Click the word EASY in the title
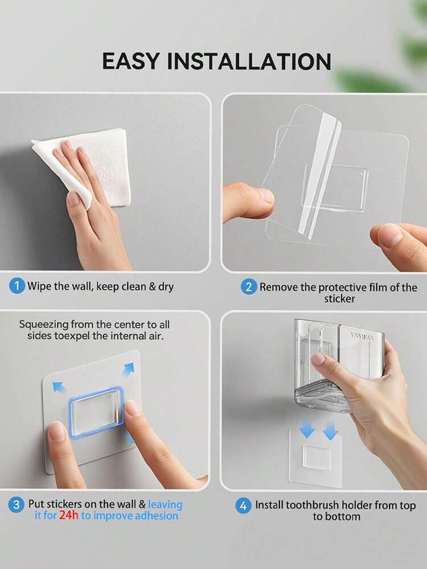[x=131, y=61]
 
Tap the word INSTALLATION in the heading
[x=249, y=61]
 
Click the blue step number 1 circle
[x=17, y=286]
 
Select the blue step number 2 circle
[x=248, y=287]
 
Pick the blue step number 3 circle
[x=17, y=505]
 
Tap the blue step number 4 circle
[x=243, y=506]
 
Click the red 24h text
[x=68, y=515]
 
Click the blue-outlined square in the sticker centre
[x=96, y=411]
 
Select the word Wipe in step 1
[x=39, y=286]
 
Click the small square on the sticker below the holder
[x=317, y=458]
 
